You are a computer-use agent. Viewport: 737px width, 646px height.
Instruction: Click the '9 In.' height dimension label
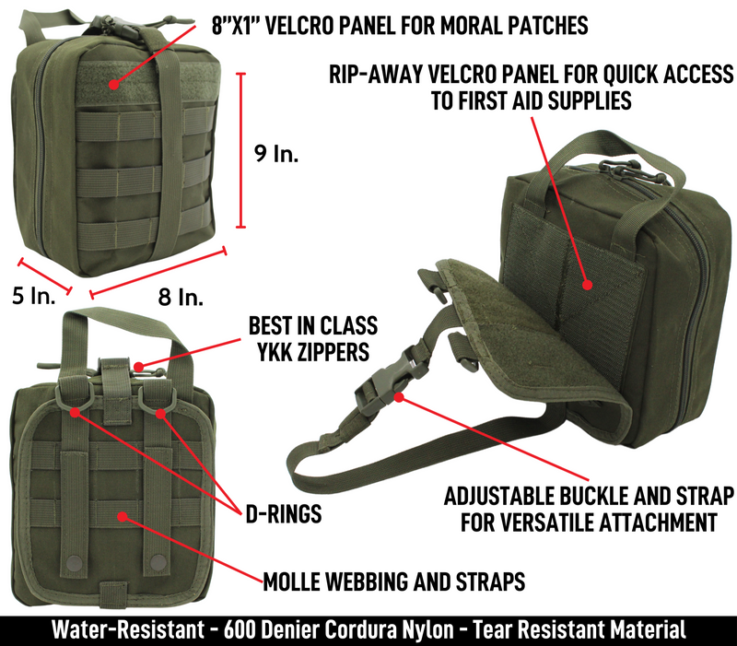(x=275, y=154)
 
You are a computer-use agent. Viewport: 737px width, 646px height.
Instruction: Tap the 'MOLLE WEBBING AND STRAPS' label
(x=394, y=581)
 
